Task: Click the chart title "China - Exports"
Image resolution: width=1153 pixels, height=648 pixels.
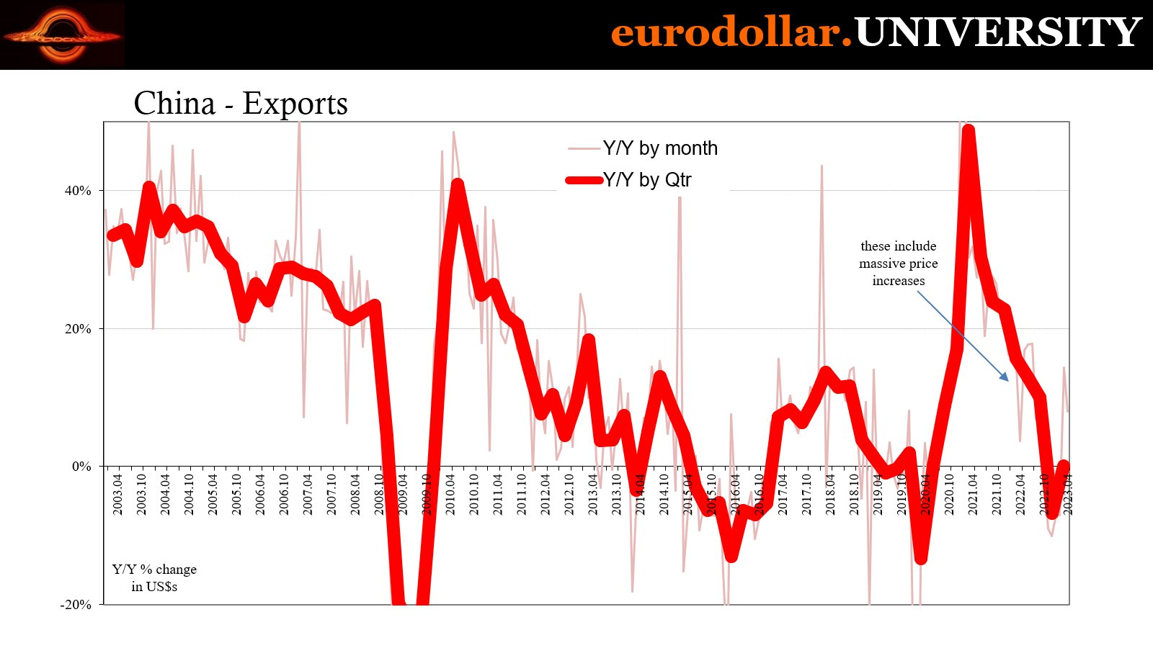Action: coord(241,104)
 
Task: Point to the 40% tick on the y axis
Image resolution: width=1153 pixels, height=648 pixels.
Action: coord(78,191)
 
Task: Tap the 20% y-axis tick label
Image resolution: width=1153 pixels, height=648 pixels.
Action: coord(78,329)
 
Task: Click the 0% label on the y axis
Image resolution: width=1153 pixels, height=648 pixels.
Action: coord(81,467)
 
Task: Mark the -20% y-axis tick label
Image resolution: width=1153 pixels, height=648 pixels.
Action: coord(76,605)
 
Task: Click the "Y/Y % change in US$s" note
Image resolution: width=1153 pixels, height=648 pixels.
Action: coord(154,577)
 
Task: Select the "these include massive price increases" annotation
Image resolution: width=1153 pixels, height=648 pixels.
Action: coord(898,264)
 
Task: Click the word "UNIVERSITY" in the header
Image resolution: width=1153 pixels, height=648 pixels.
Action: coord(997,32)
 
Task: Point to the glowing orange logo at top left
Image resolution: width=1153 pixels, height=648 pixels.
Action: coord(63,35)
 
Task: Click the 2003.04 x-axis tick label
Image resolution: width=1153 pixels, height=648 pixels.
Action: coord(117,494)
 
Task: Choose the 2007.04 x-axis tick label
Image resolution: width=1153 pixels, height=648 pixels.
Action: coord(308,494)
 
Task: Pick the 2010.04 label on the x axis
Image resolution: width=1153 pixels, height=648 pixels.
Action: coord(450,494)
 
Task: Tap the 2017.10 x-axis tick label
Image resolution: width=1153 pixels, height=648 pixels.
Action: coord(806,494)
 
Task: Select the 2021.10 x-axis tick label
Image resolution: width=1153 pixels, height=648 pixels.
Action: coord(997,494)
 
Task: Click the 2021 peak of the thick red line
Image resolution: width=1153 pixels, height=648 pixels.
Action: coord(969,130)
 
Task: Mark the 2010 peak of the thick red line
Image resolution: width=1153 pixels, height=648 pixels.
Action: coord(457,184)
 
